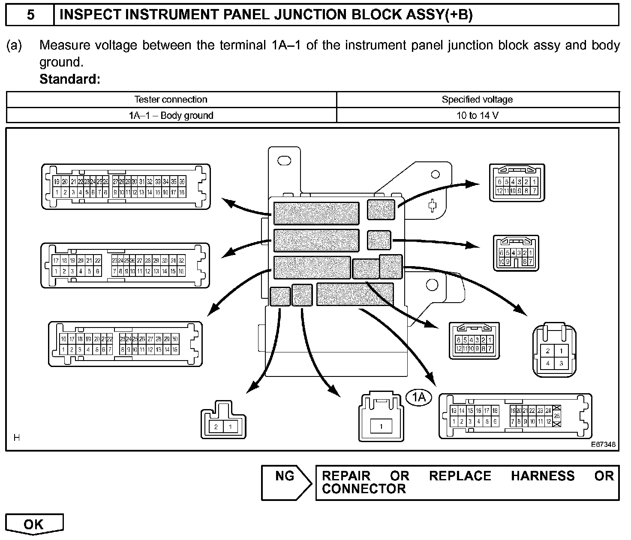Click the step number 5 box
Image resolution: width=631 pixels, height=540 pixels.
pyautogui.click(x=30, y=15)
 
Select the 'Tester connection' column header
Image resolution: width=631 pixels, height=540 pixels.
pyautogui.click(x=171, y=100)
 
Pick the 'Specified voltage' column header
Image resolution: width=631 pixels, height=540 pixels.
pyautogui.click(x=477, y=100)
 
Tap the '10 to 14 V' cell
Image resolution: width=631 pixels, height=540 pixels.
pyautogui.click(x=477, y=115)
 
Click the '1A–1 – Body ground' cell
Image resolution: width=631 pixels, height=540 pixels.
pyautogui.click(x=171, y=115)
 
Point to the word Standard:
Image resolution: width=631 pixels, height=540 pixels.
pyautogui.click(x=69, y=79)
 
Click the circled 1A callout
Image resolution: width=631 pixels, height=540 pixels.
pyautogui.click(x=419, y=397)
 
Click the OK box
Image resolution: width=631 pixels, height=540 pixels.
pyautogui.click(x=34, y=524)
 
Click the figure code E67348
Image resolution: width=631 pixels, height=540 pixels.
pyautogui.click(x=603, y=444)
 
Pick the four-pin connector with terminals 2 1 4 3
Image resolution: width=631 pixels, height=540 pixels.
pyautogui.click(x=554, y=351)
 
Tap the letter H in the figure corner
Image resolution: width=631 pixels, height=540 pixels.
pyautogui.click(x=17, y=438)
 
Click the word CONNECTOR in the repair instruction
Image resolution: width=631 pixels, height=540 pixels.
pyautogui.click(x=364, y=489)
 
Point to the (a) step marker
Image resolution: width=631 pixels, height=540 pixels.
pyautogui.click(x=14, y=46)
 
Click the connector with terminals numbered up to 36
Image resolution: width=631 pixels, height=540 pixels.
pyautogui.click(x=126, y=187)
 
